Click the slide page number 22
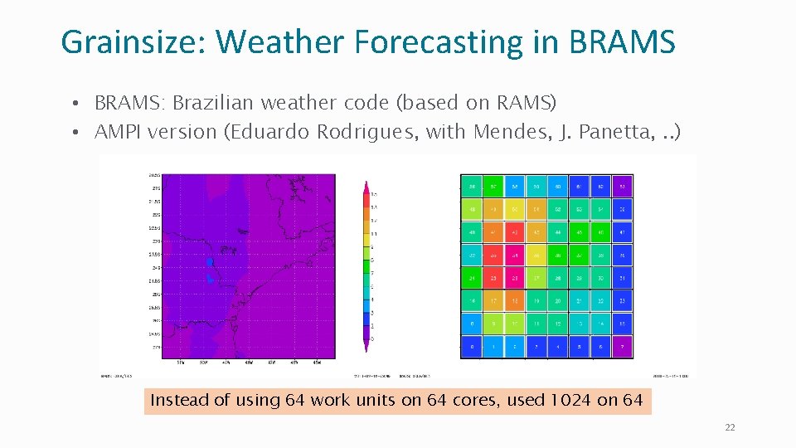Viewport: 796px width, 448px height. [x=730, y=427]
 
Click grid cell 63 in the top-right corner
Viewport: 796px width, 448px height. [x=622, y=187]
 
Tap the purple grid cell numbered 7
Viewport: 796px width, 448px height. [x=622, y=347]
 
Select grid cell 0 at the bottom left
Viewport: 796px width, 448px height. [x=472, y=347]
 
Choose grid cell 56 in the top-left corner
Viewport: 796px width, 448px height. [x=472, y=187]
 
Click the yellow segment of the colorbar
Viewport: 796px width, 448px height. [x=366, y=234]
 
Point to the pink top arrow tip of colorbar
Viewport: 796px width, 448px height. [x=366, y=184]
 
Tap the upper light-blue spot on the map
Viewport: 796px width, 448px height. [x=210, y=262]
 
